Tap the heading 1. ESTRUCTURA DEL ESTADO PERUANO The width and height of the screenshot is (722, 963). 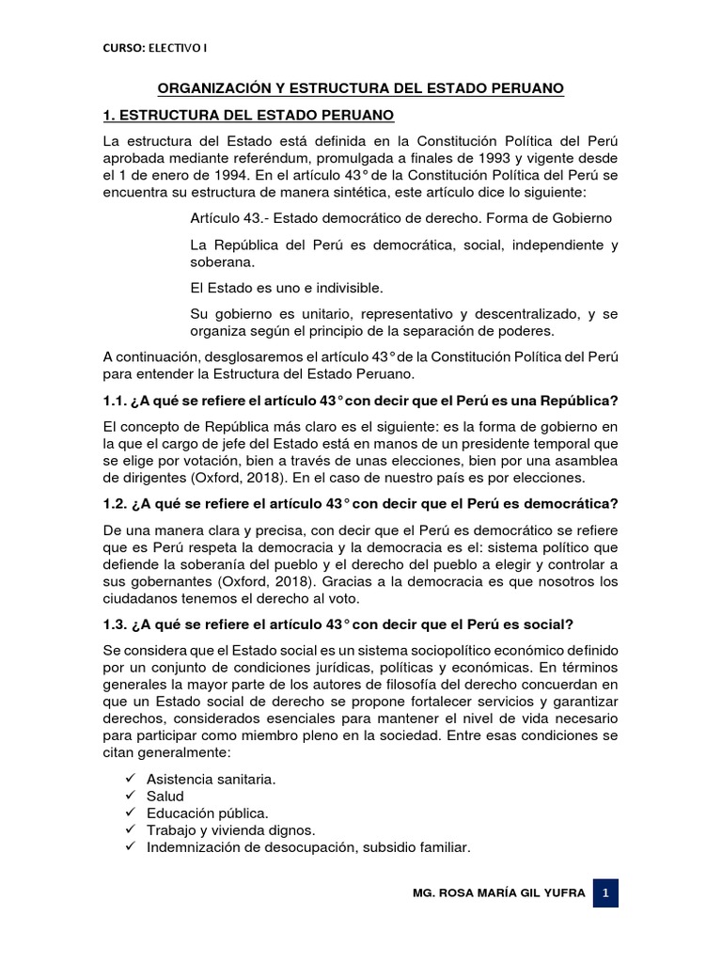coord(248,116)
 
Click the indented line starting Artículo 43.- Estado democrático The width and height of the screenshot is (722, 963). coord(400,218)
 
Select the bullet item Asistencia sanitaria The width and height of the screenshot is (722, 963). coord(211,780)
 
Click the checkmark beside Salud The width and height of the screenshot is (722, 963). coord(129,797)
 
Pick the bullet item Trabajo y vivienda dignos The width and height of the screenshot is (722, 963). coord(231,830)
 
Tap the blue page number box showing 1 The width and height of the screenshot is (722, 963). coord(606,893)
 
